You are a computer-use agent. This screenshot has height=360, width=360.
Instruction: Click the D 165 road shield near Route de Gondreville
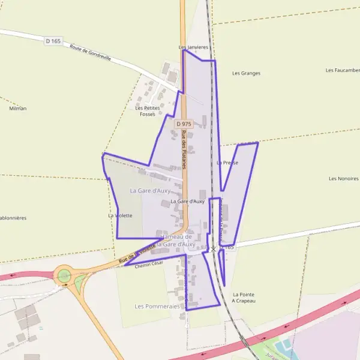(x=53, y=41)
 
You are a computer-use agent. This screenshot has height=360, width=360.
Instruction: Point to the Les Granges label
(x=246, y=73)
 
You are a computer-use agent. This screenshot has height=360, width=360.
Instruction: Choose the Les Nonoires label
(x=343, y=179)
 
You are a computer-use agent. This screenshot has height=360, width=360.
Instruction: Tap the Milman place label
(x=18, y=109)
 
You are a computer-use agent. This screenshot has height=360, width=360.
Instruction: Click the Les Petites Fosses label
(x=148, y=111)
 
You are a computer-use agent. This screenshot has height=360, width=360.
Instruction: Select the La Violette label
(x=120, y=215)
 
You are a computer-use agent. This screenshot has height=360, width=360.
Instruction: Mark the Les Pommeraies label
(x=157, y=306)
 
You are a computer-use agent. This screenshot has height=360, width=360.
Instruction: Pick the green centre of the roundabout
(x=63, y=277)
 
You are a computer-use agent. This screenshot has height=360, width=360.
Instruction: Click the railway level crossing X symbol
(x=213, y=248)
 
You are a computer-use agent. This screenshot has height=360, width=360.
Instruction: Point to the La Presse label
(x=227, y=163)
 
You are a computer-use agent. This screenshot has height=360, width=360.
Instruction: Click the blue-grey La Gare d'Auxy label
(x=150, y=190)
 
